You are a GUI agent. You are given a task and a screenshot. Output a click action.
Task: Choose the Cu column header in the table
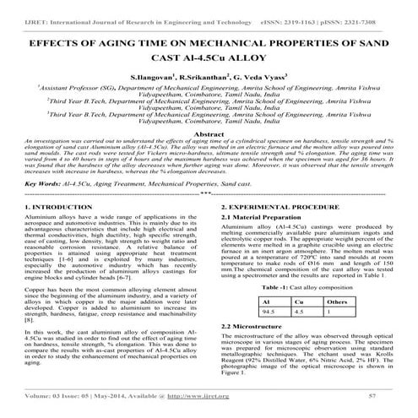click(x=297, y=301)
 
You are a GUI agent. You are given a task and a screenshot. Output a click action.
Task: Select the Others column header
click(x=336, y=301)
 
